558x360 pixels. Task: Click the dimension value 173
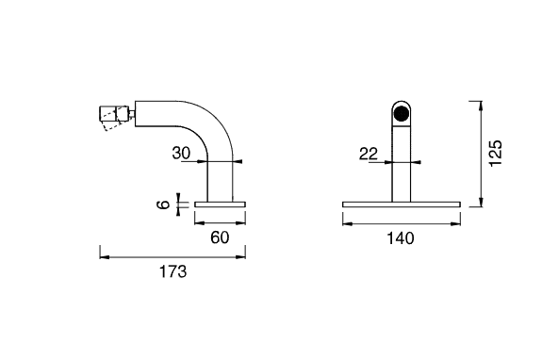(172, 271)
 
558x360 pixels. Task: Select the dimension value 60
(220, 237)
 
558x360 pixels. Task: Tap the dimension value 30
(181, 153)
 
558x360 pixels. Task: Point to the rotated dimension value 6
(164, 205)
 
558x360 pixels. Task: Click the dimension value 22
(368, 154)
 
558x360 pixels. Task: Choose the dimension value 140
(401, 238)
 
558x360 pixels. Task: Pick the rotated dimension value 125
(495, 153)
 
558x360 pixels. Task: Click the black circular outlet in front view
(402, 113)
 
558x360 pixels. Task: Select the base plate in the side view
(220, 205)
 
